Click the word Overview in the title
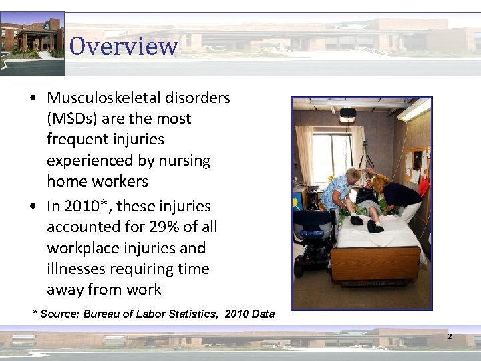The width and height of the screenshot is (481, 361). pyautogui.click(x=124, y=46)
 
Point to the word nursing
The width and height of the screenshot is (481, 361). pyautogui.click(x=182, y=160)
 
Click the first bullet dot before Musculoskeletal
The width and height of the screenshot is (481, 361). pyautogui.click(x=33, y=98)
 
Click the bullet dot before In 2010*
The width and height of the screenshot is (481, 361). pyautogui.click(x=33, y=207)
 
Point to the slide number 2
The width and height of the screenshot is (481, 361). pyautogui.click(x=450, y=336)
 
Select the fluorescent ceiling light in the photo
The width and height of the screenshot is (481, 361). pyautogui.click(x=414, y=108)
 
